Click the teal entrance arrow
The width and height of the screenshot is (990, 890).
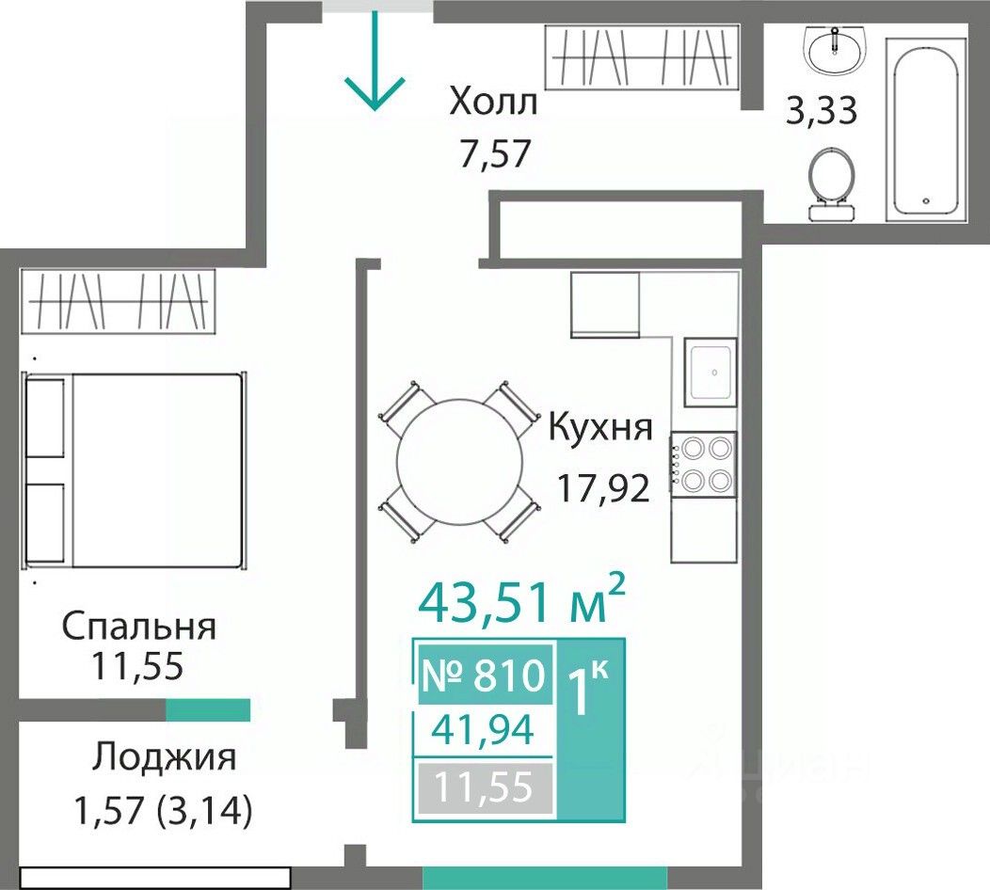point(375,60)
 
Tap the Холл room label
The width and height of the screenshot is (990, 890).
point(493,103)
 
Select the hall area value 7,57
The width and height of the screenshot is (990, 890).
point(494,152)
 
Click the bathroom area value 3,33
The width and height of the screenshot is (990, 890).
point(822,110)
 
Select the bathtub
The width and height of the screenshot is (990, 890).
point(926,130)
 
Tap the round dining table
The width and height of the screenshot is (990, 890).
point(459,462)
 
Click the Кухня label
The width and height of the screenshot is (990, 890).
point(599,428)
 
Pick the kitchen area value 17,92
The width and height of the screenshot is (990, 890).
point(603,488)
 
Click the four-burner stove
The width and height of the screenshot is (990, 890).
point(703,465)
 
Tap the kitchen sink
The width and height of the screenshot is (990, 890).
point(711,373)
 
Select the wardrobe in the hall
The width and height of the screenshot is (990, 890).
point(642,56)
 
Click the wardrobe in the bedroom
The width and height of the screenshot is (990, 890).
point(119,300)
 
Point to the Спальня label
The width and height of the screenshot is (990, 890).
point(139,627)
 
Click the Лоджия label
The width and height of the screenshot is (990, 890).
point(164,758)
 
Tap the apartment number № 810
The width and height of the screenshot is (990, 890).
point(484,675)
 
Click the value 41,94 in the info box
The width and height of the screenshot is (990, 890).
point(483,730)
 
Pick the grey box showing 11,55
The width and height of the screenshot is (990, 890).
point(484,787)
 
